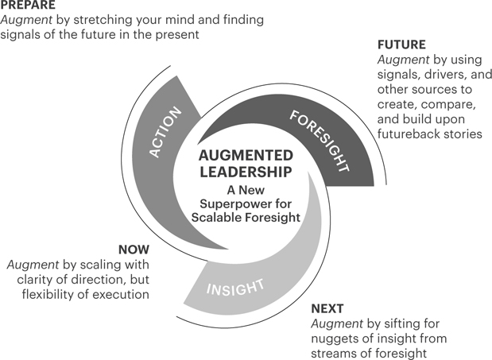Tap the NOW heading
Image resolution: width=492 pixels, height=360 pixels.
(132, 250)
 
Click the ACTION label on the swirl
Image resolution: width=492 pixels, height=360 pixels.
(165, 132)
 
